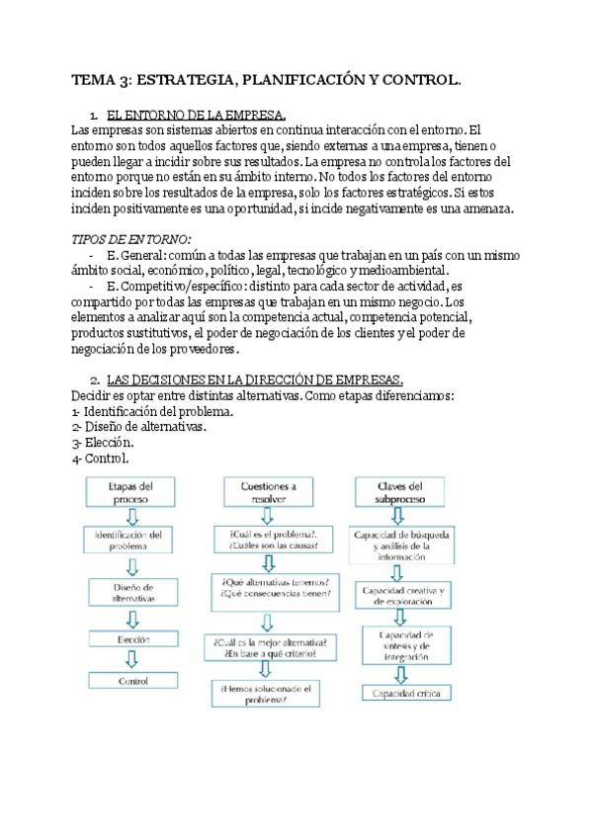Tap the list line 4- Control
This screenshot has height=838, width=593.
pos(101,459)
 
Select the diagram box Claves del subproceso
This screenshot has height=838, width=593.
pos(401,493)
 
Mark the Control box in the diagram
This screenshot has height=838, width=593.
pos(131,681)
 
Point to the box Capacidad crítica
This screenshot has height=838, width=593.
pos(401,694)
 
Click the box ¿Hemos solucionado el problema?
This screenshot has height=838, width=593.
pos(267,694)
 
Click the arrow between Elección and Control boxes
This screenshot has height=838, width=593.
pos(131,660)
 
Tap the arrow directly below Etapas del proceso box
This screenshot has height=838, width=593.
pos(131,517)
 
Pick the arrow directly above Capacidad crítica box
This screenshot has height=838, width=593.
pos(401,674)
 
